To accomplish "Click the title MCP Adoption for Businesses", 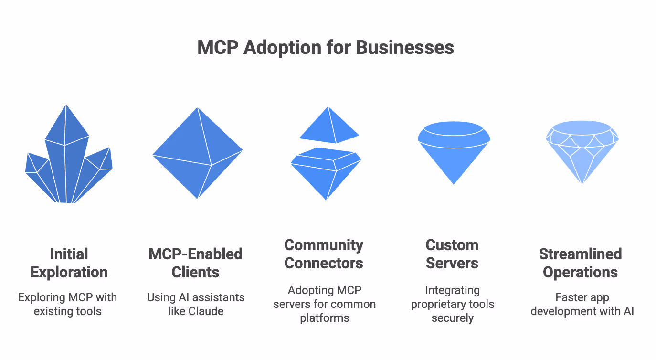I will [x=325, y=48].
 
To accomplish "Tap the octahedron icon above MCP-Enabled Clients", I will [x=197, y=153].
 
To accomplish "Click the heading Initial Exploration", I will [x=69, y=263].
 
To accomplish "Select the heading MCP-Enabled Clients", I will [x=196, y=263].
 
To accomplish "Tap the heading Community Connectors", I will [x=324, y=254].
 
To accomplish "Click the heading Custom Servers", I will [x=452, y=254].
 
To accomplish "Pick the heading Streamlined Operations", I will [x=581, y=263].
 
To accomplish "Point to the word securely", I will [x=452, y=318].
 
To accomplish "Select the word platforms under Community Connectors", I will [x=324, y=318].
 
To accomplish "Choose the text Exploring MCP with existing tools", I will [x=67, y=305].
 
